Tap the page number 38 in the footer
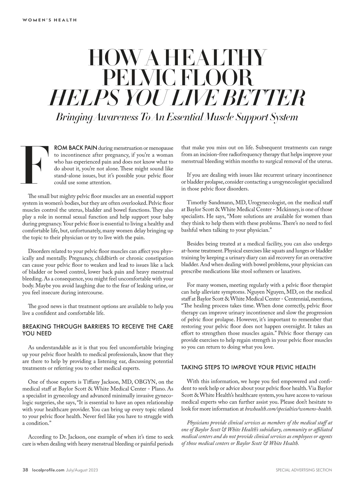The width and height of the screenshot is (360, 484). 25,470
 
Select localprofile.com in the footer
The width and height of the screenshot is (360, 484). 48,470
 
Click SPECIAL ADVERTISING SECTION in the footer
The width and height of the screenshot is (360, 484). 304,470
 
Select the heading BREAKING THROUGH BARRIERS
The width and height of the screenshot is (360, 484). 98,330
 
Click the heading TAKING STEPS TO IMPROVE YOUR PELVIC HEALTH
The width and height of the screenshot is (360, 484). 248,367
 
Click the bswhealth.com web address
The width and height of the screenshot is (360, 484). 288,409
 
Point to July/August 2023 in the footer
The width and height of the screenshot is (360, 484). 82,470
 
